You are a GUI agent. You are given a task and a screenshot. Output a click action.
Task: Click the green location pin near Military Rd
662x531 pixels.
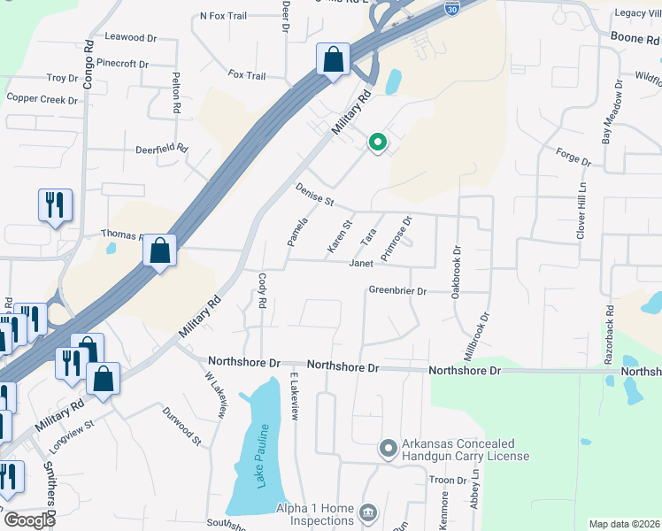pyautogui.click(x=377, y=142)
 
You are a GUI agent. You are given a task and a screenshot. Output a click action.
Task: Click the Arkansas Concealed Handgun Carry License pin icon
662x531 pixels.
pyautogui.click(x=387, y=449)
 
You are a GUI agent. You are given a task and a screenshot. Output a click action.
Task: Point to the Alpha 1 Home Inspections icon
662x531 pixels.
pyautogui.click(x=367, y=512)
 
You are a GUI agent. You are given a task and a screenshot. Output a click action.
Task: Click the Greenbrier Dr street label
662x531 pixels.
pyautogui.click(x=397, y=290)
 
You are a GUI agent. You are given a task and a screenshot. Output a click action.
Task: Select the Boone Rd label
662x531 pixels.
pyautogui.click(x=635, y=39)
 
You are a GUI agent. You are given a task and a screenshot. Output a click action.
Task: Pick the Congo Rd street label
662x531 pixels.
pyautogui.click(x=89, y=63)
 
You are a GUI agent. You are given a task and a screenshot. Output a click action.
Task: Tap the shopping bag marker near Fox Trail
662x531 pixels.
pyautogui.click(x=334, y=60)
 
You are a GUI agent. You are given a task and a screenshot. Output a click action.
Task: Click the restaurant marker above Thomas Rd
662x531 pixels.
pyautogui.click(x=55, y=205)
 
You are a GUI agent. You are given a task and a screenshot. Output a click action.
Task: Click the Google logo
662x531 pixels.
pyautogui.click(x=28, y=520)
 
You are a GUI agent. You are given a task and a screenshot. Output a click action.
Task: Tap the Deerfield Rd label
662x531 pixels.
pyautogui.click(x=161, y=148)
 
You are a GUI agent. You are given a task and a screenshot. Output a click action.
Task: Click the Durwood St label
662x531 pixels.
pyautogui.click(x=181, y=425)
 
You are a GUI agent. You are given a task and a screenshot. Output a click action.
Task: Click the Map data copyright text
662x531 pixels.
pyautogui.click(x=624, y=524)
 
